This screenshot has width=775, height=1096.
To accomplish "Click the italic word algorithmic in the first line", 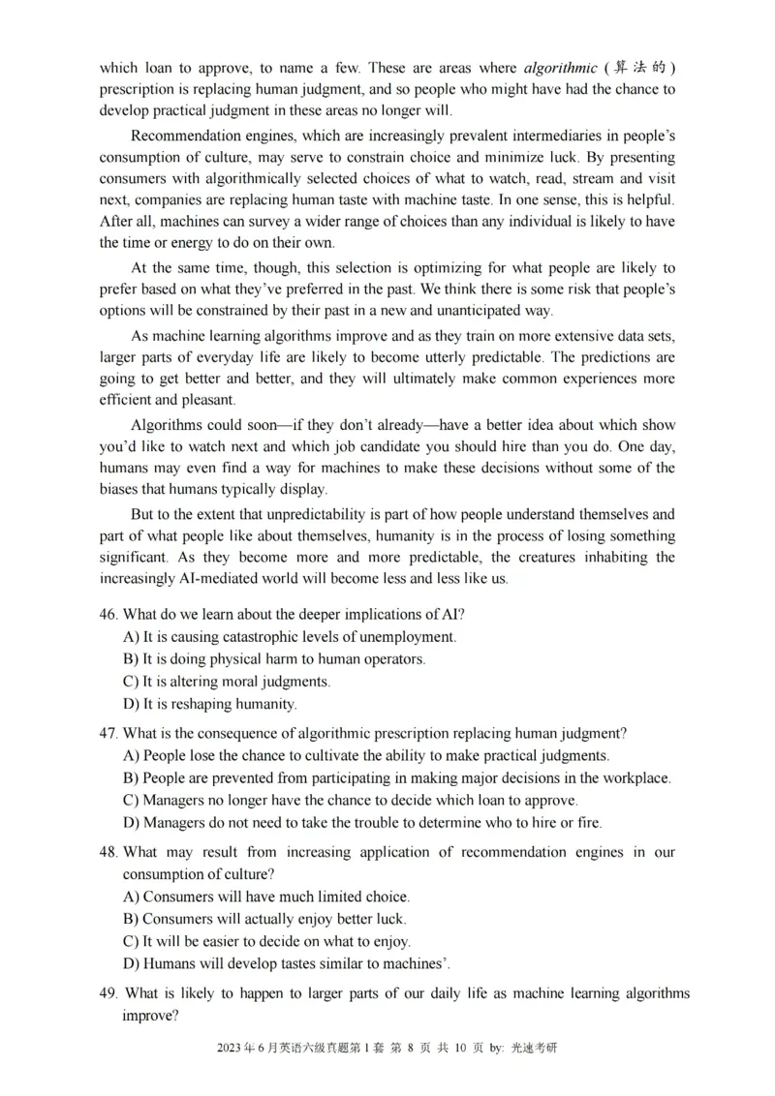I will (x=558, y=68).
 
